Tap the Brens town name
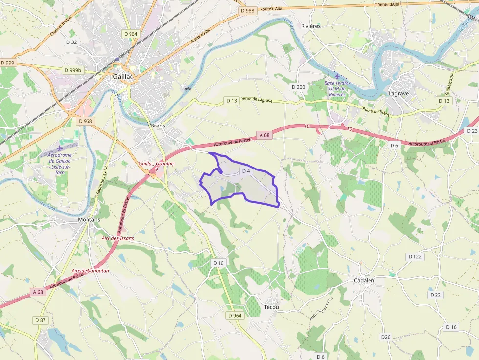158,126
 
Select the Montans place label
89,220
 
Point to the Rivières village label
311,26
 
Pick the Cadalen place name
364,281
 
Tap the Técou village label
271,307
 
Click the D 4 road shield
246,171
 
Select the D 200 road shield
298,87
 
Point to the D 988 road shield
248,10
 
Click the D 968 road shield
85,121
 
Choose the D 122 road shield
414,257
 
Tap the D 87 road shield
41,320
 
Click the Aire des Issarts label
118,238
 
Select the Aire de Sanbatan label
90,271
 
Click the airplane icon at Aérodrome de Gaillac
60,148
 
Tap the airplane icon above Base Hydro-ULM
337,76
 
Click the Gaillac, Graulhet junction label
157,164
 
